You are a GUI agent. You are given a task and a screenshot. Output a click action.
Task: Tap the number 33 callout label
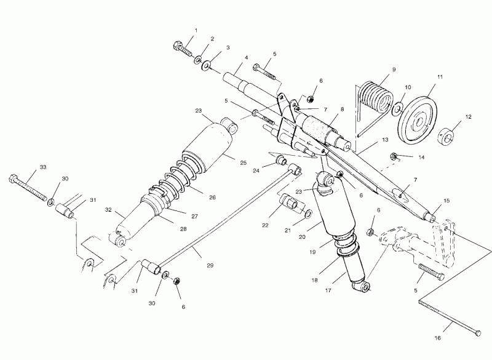tap(43, 167)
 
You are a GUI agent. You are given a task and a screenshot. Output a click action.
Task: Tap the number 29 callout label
tap(210, 265)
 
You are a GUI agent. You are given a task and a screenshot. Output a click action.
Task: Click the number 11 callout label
tap(440, 76)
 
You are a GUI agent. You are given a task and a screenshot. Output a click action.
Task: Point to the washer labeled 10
tap(397, 108)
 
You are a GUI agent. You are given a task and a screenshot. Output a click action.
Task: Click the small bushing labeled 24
tap(282, 161)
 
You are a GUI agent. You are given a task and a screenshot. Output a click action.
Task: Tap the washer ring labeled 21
tap(308, 214)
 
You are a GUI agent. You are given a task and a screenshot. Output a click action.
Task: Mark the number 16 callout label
tap(438, 338)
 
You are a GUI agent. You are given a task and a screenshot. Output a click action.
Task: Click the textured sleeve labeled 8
tap(319, 127)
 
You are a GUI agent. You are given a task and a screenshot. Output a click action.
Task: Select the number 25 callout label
tap(244, 162)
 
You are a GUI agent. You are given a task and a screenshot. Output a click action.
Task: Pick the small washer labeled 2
tap(198, 59)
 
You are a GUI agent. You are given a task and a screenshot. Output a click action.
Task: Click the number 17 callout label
tap(328, 290)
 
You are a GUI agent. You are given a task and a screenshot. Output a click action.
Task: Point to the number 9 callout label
tap(394, 70)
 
